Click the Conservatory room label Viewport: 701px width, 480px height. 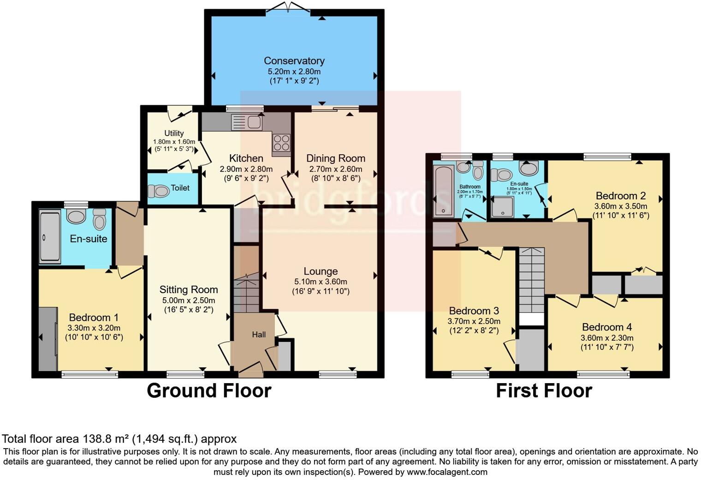(x=294, y=60)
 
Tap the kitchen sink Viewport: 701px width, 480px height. (x=247, y=122)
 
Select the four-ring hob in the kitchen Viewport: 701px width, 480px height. (x=281, y=143)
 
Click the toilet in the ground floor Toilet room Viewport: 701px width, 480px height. (x=158, y=191)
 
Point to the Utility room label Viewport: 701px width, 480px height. (x=174, y=133)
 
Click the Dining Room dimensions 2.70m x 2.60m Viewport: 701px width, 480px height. (x=335, y=169)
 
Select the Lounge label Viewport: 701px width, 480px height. (x=321, y=271)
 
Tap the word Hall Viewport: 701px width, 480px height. (x=259, y=335)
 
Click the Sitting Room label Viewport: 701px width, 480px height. (x=188, y=289)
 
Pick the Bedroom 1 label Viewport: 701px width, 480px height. (x=94, y=318)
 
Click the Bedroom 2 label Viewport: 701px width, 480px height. (x=620, y=196)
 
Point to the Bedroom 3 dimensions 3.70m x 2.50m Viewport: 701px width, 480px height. (x=474, y=321)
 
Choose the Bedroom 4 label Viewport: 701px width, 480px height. (x=606, y=327)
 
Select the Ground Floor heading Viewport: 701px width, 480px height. (x=209, y=391)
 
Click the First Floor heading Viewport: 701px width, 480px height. (x=543, y=391)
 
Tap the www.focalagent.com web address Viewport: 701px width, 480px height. (x=447, y=472)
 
